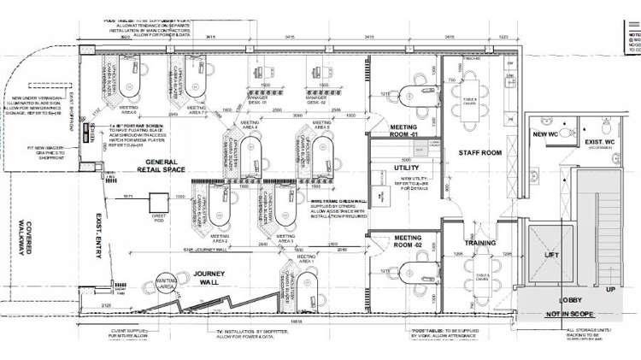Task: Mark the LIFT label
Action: click(x=553, y=255)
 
